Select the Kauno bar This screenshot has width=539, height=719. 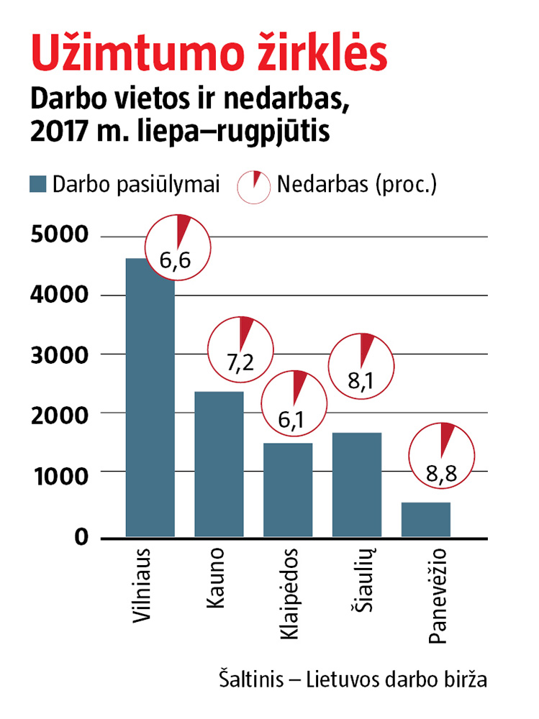pyautogui.click(x=219, y=464)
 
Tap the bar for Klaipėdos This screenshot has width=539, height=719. pyautogui.click(x=288, y=490)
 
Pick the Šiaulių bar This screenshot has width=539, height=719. pyautogui.click(x=357, y=484)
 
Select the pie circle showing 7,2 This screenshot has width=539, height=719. pyautogui.click(x=240, y=349)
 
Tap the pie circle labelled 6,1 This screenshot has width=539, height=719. pyautogui.click(x=294, y=402)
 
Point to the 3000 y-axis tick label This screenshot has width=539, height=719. pyautogui.click(x=60, y=354)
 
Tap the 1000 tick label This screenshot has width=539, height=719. pyautogui.click(x=60, y=472)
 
